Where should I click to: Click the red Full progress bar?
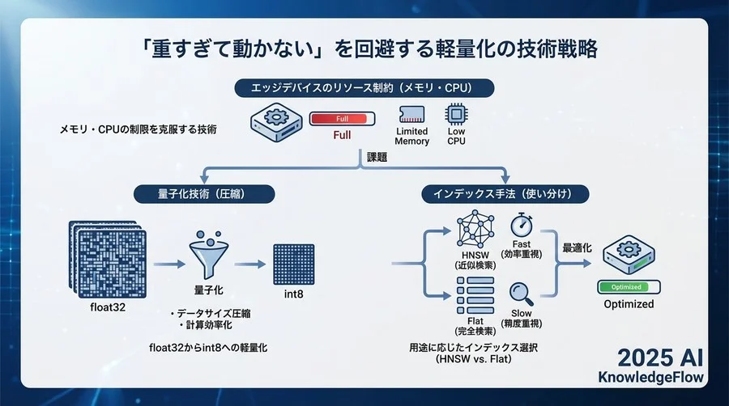point(342,120)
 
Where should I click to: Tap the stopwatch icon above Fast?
point(522,226)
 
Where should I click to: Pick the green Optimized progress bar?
point(628,286)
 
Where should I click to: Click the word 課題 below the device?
point(377,159)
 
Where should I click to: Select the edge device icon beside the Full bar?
point(274,120)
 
